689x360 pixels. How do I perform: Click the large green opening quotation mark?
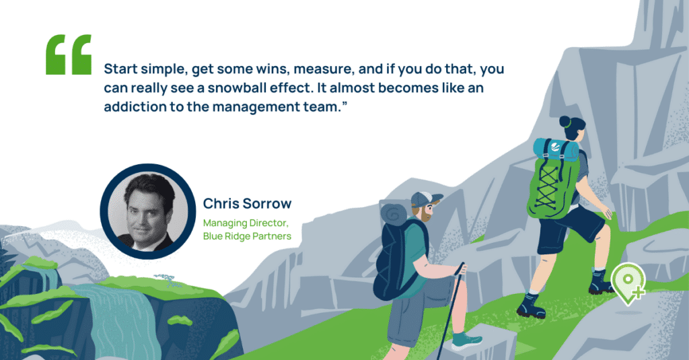[x=69, y=55]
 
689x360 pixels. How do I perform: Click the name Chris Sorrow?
[x=247, y=203]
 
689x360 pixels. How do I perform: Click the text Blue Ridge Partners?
[x=247, y=236]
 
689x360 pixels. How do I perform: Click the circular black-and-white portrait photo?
[x=148, y=211]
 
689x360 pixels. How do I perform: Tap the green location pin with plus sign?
[x=629, y=283]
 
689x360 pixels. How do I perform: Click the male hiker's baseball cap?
[x=425, y=199]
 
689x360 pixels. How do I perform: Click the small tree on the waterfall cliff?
[x=168, y=280]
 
